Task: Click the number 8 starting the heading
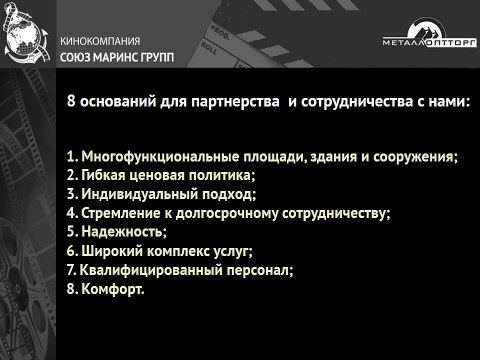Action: point(70,104)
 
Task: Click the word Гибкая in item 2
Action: point(104,176)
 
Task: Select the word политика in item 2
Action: point(224,176)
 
